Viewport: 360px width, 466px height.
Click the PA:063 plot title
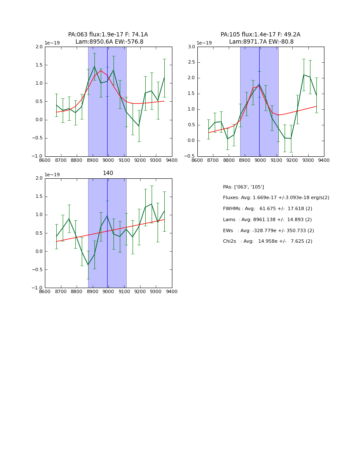pos(108,38)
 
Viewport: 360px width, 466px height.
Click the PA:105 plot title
pos(260,38)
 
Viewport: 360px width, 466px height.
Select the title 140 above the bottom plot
pos(108,173)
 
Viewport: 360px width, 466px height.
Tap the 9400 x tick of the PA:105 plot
pos(324,160)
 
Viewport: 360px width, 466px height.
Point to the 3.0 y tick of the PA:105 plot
pos(191,47)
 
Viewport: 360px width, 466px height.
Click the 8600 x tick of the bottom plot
pos(45,291)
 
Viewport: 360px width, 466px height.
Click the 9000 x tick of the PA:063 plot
pos(108,160)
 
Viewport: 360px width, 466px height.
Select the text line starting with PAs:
pos(244,187)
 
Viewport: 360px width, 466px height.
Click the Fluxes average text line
pos(276,198)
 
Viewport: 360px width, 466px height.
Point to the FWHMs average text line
pos(268,209)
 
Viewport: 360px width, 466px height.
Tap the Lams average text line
pos(267,220)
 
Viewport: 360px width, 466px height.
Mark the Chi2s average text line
pos(268,241)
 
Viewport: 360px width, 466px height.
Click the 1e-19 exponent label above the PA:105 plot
pos(204,43)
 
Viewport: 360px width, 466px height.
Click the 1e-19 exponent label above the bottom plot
pos(52,175)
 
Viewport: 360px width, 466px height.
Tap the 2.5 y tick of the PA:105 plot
pos(191,62)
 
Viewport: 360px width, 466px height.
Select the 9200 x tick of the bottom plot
pos(140,291)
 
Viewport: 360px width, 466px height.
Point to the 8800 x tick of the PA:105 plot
pos(229,160)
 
